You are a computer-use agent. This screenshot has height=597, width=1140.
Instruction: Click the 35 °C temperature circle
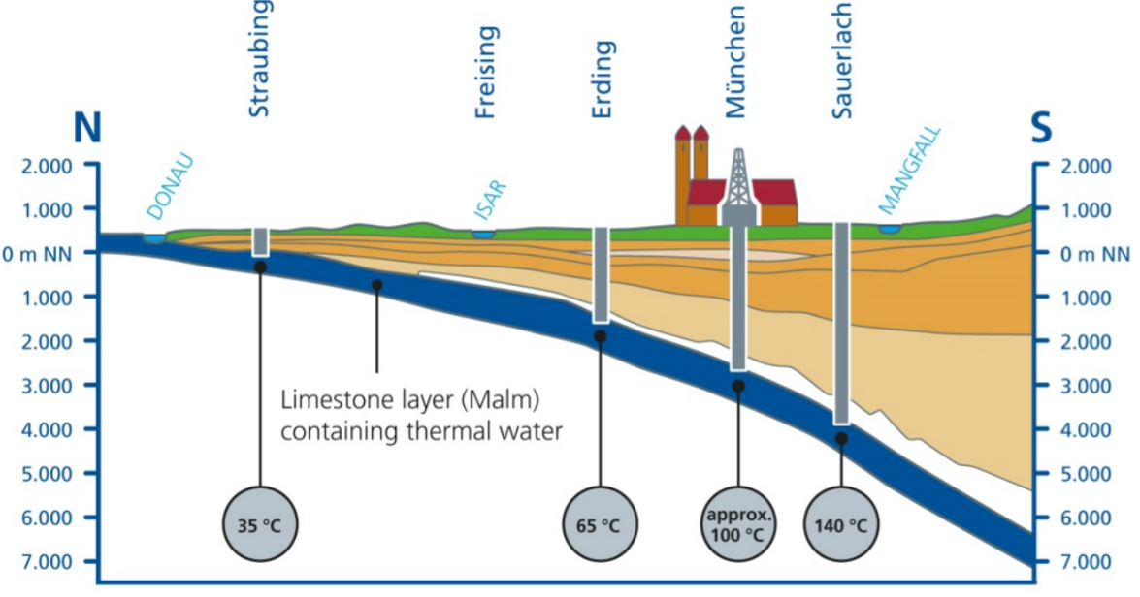pyautogui.click(x=260, y=526)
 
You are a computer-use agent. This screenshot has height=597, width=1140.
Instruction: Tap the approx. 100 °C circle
pyautogui.click(x=738, y=526)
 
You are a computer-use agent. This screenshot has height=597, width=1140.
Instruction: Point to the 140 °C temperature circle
pyautogui.click(x=841, y=526)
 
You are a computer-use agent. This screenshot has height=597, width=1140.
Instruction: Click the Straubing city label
pyautogui.click(x=259, y=58)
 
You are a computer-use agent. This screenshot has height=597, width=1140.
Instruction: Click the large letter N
pyautogui.click(x=86, y=129)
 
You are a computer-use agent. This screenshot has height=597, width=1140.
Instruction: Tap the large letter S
pyautogui.click(x=1041, y=129)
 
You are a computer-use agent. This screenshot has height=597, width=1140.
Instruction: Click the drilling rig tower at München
pyautogui.click(x=739, y=184)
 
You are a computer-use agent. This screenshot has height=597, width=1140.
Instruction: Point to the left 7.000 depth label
pyautogui.click(x=47, y=562)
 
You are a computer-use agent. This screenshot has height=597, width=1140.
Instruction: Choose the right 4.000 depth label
pyautogui.click(x=1086, y=429)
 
